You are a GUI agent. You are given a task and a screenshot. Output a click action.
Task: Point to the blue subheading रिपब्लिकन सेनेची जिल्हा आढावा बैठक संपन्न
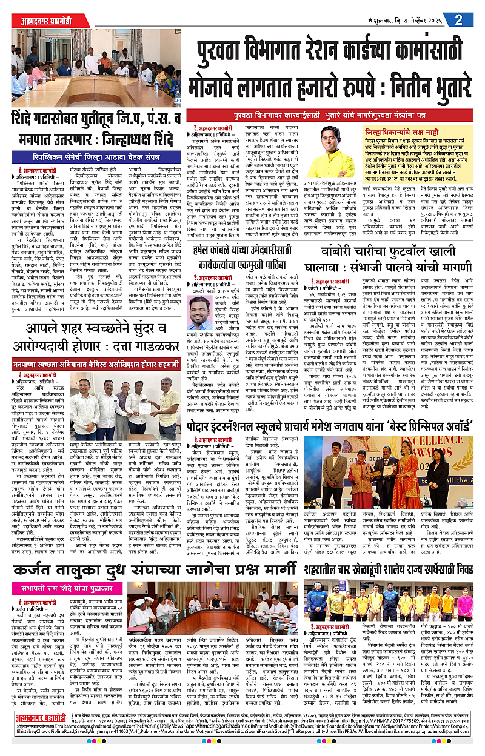click(x=95, y=156)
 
